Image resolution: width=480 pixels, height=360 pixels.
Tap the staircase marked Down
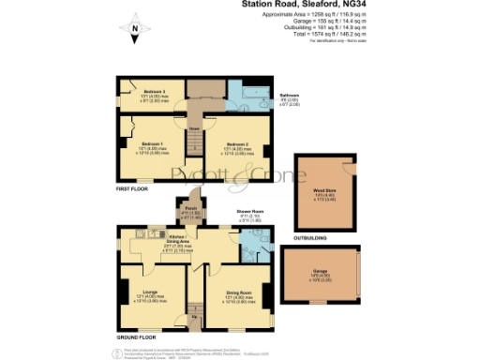point(195,141)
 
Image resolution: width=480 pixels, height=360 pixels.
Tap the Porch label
point(189,210)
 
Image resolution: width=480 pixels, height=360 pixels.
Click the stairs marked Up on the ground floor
point(195,314)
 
